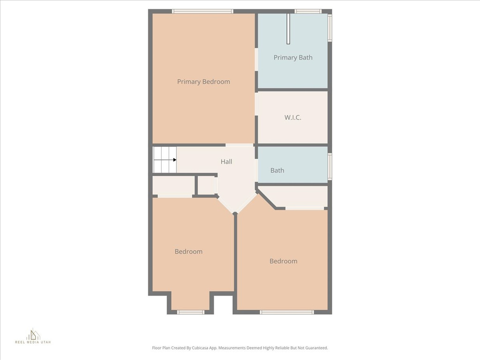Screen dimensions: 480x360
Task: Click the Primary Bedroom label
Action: (203, 82)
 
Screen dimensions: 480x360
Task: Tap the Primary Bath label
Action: (293, 58)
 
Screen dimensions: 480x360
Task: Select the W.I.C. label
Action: (292, 117)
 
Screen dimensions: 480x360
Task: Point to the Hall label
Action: (226, 162)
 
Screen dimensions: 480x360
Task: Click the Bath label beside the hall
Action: (277, 170)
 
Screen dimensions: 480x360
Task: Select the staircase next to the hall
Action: (165, 159)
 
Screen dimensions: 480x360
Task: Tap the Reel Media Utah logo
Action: (33, 336)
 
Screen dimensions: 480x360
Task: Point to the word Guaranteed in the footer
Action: (318, 348)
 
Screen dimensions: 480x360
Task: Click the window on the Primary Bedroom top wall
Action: (202, 11)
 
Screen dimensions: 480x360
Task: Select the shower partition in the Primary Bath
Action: (288, 29)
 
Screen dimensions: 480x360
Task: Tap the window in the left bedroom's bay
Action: (191, 312)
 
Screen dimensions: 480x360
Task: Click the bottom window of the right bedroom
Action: (287, 312)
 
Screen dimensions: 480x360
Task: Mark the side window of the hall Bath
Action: (330, 166)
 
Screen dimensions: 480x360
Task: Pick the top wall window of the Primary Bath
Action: (308, 11)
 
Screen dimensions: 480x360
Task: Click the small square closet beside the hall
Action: (207, 186)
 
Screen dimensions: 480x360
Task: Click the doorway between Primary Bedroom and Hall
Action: (240, 145)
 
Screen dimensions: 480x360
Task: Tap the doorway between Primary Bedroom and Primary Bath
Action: (256, 60)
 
